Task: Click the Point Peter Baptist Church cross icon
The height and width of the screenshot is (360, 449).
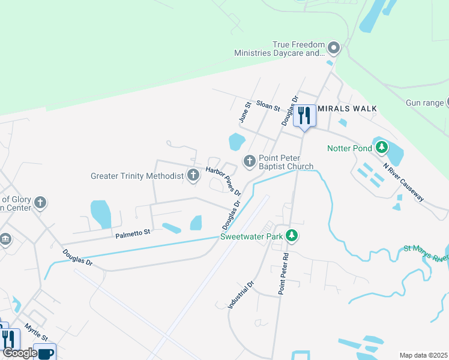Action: pos(249,161)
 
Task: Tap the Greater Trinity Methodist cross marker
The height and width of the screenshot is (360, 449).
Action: pos(193,176)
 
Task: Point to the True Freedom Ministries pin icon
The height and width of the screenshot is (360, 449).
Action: pos(334,48)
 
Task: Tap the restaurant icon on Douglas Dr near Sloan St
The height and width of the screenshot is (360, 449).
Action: pos(305,116)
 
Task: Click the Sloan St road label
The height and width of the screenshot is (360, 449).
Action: pos(268,106)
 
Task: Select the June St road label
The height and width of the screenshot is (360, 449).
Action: pos(244,113)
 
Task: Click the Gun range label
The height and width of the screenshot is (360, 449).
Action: pos(424,103)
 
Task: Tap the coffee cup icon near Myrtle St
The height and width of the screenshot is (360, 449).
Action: pos(46,352)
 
